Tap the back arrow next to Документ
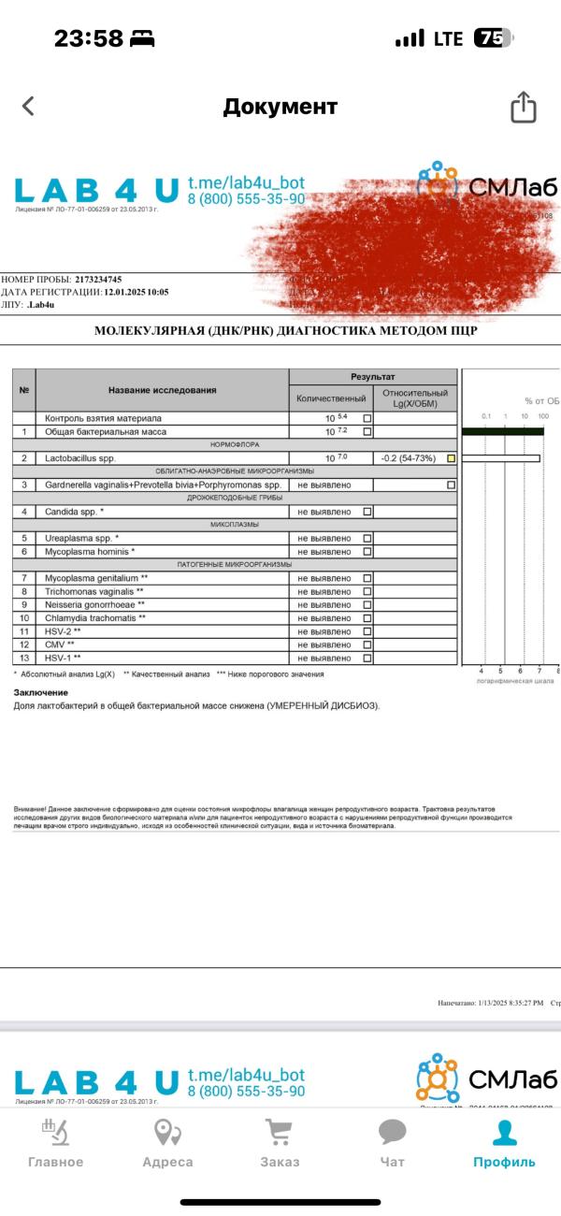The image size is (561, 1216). [x=28, y=106]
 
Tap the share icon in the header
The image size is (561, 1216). [x=523, y=107]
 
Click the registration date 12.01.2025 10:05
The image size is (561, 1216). [x=137, y=292]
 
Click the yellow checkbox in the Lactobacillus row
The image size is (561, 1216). [x=452, y=458]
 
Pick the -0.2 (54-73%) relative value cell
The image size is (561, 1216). [x=408, y=458]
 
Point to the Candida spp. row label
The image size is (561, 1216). [x=75, y=512]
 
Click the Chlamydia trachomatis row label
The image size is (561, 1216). [x=95, y=618]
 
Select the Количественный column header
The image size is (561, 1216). [x=330, y=398]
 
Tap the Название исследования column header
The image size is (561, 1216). [x=162, y=389]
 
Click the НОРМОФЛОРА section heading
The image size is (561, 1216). [x=234, y=445]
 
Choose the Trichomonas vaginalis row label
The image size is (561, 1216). [x=94, y=592]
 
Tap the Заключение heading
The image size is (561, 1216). [x=41, y=692]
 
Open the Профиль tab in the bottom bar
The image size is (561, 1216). [x=504, y=1143]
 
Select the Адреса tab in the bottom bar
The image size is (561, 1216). [x=167, y=1143]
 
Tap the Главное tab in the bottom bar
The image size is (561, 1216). [x=55, y=1143]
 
